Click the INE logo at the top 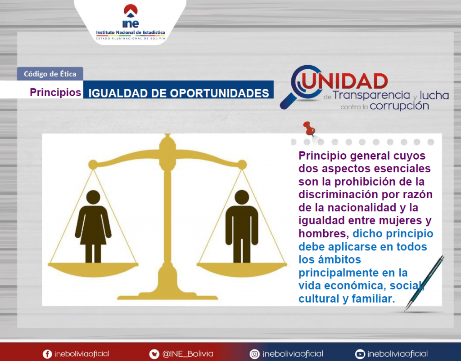[x=131, y=22]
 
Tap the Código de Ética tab [x=50, y=74]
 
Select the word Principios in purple [x=55, y=92]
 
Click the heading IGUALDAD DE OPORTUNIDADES [x=178, y=93]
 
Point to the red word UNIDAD [x=344, y=81]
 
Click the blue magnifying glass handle [x=289, y=101]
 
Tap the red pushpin [x=309, y=129]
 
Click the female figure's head [x=93, y=197]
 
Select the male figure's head [x=242, y=197]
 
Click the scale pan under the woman [x=93, y=269]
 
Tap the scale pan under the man [x=242, y=269]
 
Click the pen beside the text [x=424, y=283]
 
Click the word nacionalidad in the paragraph [x=362, y=208]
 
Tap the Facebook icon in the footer [x=47, y=354]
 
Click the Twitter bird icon [x=154, y=354]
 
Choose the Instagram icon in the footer [x=254, y=354]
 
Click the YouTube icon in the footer [x=360, y=354]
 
